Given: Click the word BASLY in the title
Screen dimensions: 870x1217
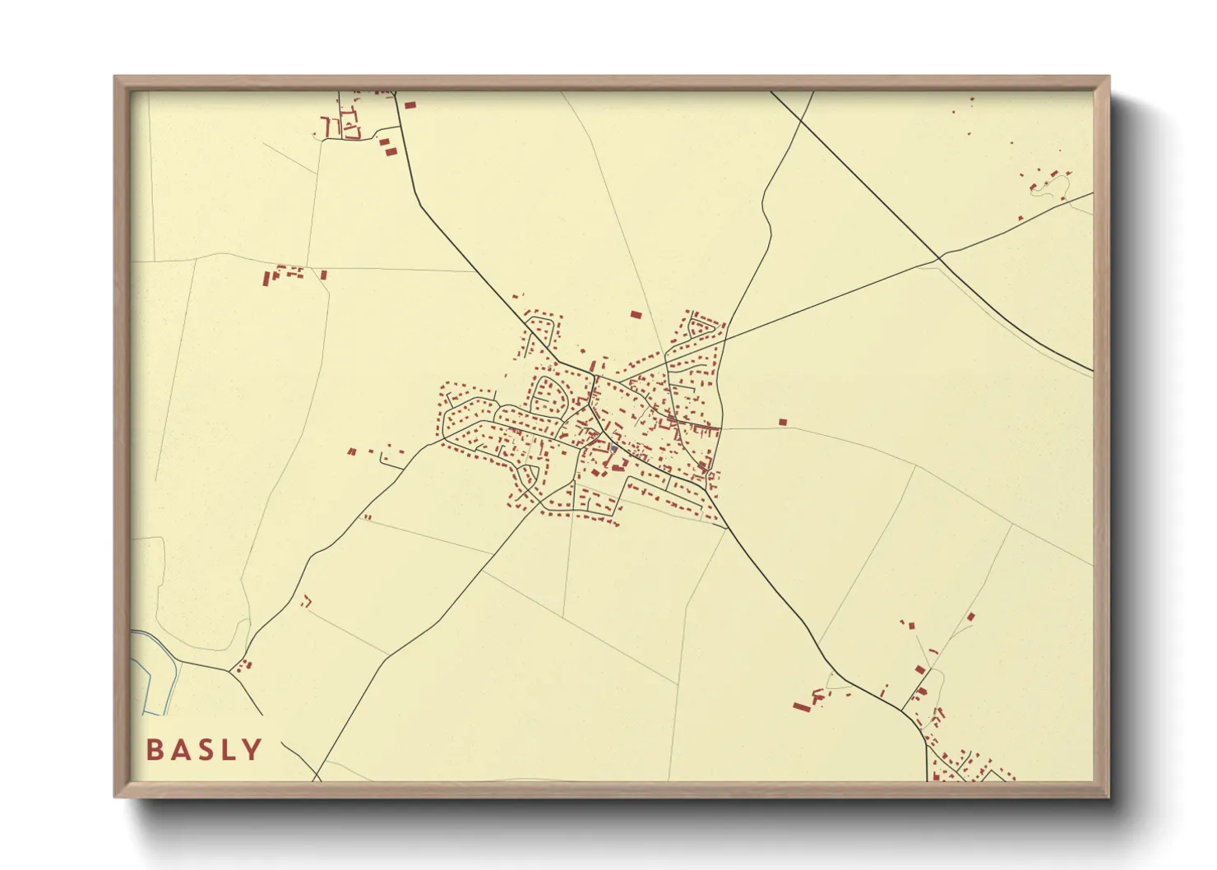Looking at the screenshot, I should click(204, 750).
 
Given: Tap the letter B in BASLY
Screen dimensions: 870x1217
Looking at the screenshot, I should click(153, 750).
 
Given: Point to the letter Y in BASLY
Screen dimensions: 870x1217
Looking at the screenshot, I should click(253, 750).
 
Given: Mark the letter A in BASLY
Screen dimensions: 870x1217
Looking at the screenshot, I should click(178, 750).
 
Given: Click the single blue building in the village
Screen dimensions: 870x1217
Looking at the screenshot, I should click(613, 449).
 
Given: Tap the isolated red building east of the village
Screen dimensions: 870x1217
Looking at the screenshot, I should click(783, 422).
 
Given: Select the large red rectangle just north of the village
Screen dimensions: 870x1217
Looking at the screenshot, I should click(635, 314).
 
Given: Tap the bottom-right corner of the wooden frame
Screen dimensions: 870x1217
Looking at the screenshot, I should click(1108, 795).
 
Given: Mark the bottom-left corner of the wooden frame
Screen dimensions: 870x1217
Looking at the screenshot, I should click(116, 795).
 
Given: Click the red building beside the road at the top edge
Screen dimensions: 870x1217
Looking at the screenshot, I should click(410, 104).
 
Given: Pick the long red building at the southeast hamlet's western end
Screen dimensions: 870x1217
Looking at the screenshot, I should click(800, 706).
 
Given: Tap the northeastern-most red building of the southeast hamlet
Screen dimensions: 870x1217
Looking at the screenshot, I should click(971, 616).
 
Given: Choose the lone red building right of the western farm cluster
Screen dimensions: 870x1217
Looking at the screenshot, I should click(324, 275).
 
